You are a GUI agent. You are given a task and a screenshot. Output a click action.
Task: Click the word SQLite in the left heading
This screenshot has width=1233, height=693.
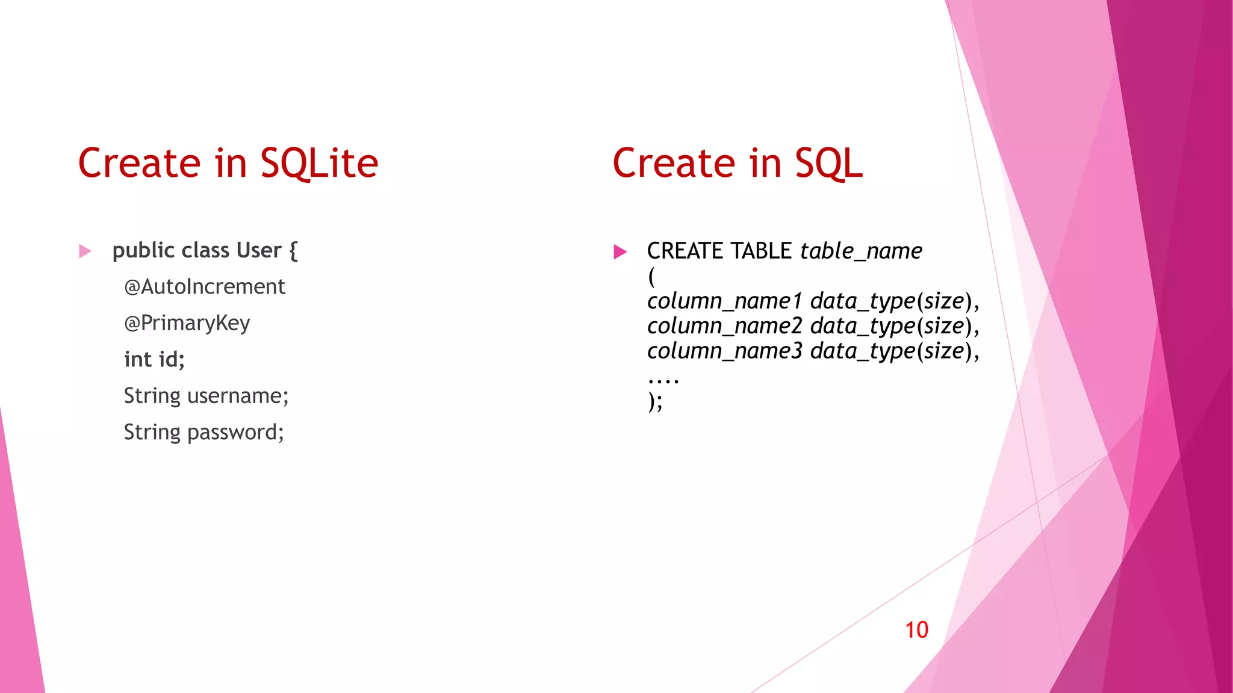319,164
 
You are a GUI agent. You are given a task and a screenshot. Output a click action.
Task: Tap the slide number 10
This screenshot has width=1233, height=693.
916,630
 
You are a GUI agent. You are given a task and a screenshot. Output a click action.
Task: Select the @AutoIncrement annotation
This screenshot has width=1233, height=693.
204,287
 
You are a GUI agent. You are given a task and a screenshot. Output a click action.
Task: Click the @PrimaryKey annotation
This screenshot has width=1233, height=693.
187,324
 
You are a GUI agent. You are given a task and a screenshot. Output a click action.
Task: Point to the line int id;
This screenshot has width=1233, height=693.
154,360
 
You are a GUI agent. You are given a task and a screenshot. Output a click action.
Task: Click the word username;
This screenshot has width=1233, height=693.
238,396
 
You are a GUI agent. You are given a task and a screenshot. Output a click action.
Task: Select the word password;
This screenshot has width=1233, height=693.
235,433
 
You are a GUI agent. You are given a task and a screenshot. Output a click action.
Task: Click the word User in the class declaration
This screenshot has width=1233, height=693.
259,250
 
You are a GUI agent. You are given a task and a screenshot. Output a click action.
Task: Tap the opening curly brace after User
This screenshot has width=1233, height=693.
293,251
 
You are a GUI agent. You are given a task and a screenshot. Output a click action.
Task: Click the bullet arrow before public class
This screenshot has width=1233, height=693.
85,251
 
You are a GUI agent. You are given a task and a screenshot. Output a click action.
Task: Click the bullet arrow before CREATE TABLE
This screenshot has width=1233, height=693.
620,251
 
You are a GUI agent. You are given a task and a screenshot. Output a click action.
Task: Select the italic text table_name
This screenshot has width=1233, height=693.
861,251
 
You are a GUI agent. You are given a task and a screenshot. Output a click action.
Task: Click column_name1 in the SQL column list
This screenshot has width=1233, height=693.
724,301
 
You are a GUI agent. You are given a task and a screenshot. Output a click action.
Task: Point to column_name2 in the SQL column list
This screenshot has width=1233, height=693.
724,326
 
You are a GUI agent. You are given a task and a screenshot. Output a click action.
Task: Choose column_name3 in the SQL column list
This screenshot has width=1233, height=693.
724,351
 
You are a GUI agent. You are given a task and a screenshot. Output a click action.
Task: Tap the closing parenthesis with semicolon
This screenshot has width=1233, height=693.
655,401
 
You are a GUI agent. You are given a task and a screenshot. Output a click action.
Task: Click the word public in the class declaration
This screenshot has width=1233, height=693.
143,251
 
